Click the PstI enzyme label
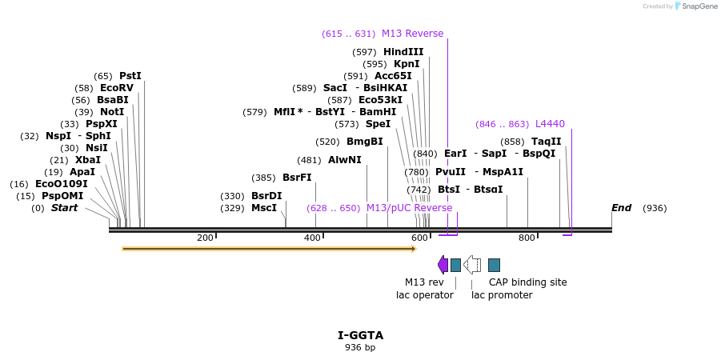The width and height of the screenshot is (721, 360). coord(130,76)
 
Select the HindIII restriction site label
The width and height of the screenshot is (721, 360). coord(403,52)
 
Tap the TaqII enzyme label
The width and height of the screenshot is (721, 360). coord(547,142)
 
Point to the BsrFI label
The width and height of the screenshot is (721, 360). coord(297,178)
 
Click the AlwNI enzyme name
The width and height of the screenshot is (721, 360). coord(345,160)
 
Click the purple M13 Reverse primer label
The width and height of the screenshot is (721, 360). coord(412,34)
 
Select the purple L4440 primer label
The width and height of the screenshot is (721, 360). coord(550,124)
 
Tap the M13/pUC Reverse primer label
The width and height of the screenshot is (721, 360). coord(409,208)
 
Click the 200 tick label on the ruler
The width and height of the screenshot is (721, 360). coord(205,238)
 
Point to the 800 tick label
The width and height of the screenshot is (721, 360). coord(527,238)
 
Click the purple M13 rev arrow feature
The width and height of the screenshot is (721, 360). coord(443,265)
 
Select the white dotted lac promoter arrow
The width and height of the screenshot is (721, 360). coord(472,265)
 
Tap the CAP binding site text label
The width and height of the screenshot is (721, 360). coord(527,282)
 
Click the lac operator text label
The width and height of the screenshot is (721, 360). coord(425,295)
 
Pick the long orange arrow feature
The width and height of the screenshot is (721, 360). coord(269,249)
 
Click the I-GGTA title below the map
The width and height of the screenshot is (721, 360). coord(360,335)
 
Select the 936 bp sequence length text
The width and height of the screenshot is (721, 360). coord(360,347)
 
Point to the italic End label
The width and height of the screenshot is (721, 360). coord(621,208)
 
